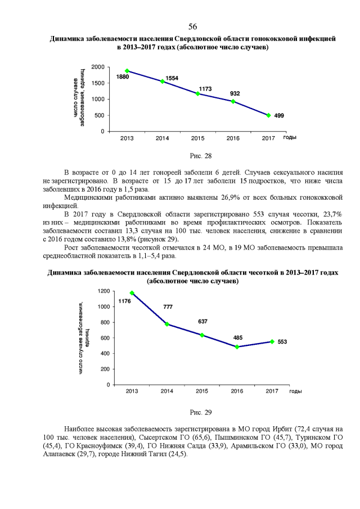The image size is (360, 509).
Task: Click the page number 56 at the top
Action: click(x=192, y=26)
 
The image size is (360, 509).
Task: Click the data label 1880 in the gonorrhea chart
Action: click(x=123, y=76)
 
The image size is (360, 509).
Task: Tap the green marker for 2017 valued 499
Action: click(x=268, y=115)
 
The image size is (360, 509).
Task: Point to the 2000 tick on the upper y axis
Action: click(x=97, y=67)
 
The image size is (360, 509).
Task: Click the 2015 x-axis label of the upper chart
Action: click(x=197, y=138)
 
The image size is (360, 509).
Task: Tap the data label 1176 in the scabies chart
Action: click(x=124, y=301)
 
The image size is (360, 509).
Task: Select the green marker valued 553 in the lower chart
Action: click(x=272, y=341)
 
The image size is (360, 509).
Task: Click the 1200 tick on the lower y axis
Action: click(x=102, y=291)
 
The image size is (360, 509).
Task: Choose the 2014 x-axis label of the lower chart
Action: click(x=166, y=391)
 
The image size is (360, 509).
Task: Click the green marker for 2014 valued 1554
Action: click(x=163, y=81)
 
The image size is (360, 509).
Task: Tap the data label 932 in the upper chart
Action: click(x=235, y=93)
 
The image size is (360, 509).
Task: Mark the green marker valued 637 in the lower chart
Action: click(x=202, y=335)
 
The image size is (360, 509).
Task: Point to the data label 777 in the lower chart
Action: click(x=168, y=307)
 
